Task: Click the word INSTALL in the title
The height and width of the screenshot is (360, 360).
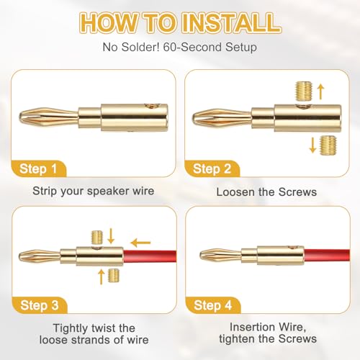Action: [x=231, y=23]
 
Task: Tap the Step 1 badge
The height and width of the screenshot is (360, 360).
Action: [x=38, y=168]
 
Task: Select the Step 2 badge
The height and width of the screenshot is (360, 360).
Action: [x=212, y=168]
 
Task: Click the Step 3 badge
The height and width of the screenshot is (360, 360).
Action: [x=40, y=305]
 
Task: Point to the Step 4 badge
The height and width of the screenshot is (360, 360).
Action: [x=213, y=305]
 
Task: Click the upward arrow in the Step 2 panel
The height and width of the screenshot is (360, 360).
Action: [x=320, y=91]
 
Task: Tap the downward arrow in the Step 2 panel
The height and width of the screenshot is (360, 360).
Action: [x=312, y=145]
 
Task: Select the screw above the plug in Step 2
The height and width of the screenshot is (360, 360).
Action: [x=303, y=91]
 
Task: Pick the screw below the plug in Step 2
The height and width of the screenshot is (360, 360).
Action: [x=328, y=145]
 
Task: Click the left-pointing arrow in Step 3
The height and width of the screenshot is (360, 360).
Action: [x=140, y=243]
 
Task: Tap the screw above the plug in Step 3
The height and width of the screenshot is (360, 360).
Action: [x=97, y=237]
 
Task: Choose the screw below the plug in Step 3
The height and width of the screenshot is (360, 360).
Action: [x=114, y=276]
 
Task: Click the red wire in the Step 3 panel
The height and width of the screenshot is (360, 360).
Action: [x=150, y=256]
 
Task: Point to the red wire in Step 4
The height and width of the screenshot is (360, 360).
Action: [x=327, y=256]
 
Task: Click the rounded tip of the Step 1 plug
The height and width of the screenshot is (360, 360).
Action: [x=23, y=117]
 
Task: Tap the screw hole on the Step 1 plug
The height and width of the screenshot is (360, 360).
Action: [x=152, y=106]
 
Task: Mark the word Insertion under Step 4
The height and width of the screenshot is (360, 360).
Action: [x=248, y=327]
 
